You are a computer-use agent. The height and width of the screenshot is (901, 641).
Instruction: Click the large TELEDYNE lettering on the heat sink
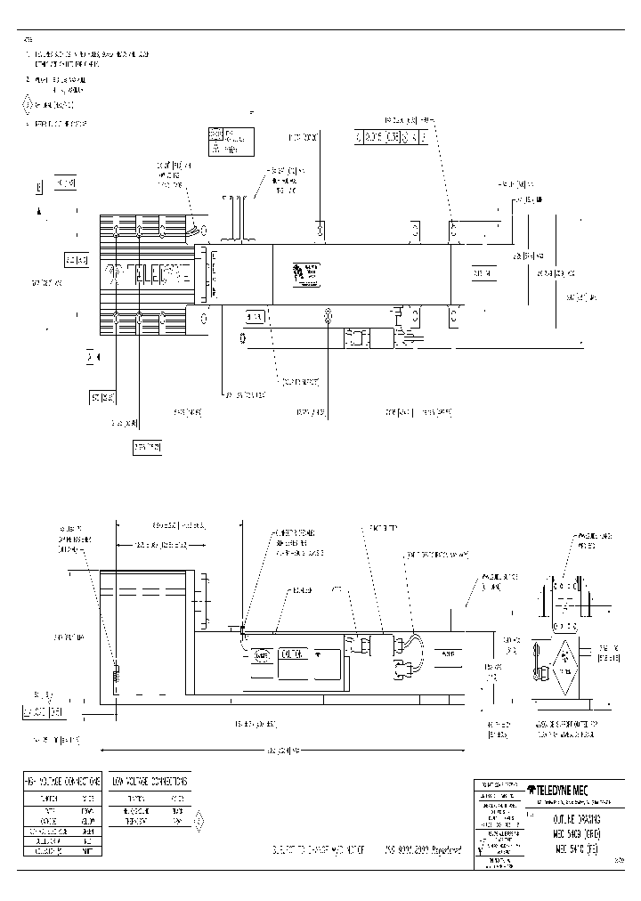click(146, 273)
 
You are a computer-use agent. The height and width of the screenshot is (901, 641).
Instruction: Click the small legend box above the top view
click(231, 141)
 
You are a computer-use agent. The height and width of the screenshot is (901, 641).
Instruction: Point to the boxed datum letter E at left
click(39, 188)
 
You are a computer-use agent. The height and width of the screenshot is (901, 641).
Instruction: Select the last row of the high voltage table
click(61, 850)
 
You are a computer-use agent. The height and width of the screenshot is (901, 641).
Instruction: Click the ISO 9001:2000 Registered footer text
click(424, 850)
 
